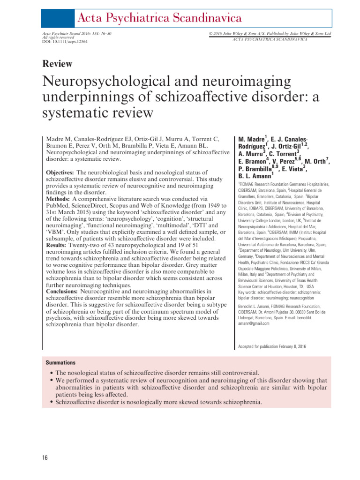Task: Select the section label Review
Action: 57,64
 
